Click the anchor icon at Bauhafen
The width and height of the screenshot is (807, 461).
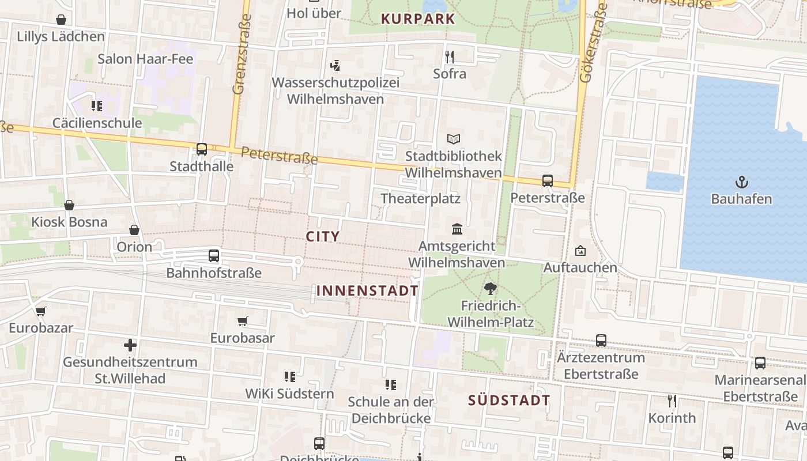coord(741,183)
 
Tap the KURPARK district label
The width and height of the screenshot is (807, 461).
coord(418,19)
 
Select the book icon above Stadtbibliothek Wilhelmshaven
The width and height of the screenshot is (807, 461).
coord(454,139)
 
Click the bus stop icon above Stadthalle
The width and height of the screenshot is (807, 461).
coord(202,149)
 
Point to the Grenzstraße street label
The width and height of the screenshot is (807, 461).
coord(243,54)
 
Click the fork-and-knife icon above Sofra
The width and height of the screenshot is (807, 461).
coord(450,56)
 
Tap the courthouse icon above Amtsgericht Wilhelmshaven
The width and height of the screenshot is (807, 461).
coord(457,229)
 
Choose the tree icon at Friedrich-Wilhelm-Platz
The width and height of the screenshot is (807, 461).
coord(491,289)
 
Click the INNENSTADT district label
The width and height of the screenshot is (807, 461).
coord(367,290)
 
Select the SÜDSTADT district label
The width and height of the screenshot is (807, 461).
coord(509,400)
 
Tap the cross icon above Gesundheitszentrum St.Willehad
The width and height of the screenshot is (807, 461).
coord(130,346)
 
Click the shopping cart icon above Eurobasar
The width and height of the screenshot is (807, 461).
coord(243,321)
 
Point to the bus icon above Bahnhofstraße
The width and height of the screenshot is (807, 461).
coord(214,255)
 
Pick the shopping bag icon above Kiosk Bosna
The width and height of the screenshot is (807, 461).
coord(69,205)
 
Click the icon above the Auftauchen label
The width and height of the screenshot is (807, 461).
coord(580,251)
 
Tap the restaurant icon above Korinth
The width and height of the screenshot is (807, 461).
coord(672,400)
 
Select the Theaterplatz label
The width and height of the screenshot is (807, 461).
coord(420,199)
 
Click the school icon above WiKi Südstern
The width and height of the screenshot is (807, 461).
coord(290,377)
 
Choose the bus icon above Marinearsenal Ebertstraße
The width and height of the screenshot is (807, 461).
coord(760,363)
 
